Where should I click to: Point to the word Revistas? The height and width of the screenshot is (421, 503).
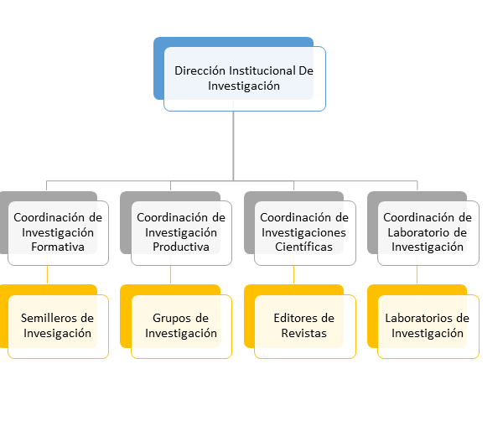point(303,333)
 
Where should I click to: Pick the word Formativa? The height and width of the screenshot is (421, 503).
point(58,247)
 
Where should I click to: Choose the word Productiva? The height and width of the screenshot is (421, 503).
point(181,247)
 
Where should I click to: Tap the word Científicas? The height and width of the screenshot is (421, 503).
point(303,247)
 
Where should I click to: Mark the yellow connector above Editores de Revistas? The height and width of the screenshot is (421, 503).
point(294,275)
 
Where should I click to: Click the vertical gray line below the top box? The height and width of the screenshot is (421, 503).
point(233,146)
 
